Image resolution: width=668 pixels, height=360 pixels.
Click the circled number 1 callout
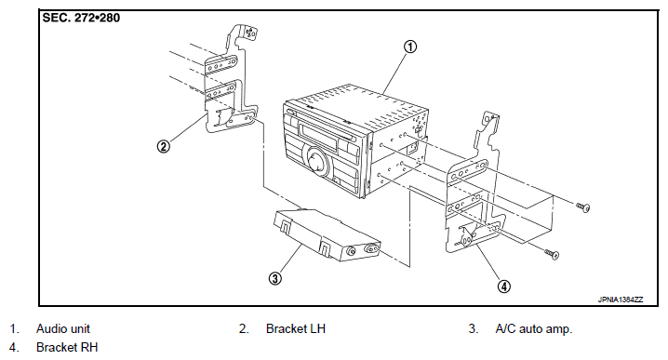[410, 47]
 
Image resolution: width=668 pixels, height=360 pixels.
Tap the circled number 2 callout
[163, 147]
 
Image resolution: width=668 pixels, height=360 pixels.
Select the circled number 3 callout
[275, 279]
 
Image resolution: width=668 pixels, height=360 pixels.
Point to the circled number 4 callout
[504, 287]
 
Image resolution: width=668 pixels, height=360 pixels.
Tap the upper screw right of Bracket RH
[583, 207]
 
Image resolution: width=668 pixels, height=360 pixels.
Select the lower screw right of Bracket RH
[552, 254]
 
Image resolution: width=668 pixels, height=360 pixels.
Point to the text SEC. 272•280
[81, 18]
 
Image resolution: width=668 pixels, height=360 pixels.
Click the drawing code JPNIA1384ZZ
[621, 300]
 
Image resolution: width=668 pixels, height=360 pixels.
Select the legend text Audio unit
[63, 329]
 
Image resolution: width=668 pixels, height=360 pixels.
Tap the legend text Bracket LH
[296, 329]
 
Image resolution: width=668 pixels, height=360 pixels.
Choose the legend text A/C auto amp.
[534, 329]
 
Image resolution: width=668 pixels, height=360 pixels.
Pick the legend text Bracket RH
[67, 348]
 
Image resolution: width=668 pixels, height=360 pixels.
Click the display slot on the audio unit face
[324, 131]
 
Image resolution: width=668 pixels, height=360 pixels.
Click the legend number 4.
[14, 348]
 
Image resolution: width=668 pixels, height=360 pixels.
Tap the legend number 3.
[474, 329]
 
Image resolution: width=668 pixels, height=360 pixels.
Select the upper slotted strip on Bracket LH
[220, 64]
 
